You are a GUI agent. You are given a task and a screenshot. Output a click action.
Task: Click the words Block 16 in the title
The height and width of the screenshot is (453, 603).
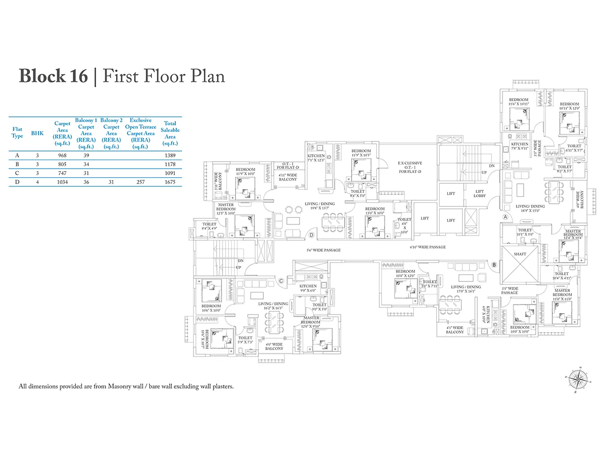(53, 77)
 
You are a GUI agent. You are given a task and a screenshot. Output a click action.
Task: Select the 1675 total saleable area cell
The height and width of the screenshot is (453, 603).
(170, 182)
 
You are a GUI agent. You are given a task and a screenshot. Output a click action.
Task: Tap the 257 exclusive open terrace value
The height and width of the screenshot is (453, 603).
(141, 182)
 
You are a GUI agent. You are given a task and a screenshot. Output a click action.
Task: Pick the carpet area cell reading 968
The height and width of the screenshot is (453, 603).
(62, 156)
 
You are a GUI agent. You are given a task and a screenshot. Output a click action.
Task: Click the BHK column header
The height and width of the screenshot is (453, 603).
(37, 133)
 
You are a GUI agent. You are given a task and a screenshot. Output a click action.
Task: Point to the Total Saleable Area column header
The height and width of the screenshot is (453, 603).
(170, 130)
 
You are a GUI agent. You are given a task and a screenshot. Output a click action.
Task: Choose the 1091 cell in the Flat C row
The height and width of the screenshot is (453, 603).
(170, 174)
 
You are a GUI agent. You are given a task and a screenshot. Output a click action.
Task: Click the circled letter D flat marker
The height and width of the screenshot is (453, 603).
(312, 235)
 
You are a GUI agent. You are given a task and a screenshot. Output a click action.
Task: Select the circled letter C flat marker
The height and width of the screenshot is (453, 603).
(281, 281)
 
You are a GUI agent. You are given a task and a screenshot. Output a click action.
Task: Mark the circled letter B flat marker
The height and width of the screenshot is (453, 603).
(494, 265)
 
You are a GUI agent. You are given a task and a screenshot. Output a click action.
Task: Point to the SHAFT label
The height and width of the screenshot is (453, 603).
(520, 254)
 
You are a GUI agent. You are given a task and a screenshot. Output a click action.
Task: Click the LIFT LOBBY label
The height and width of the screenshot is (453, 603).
(479, 194)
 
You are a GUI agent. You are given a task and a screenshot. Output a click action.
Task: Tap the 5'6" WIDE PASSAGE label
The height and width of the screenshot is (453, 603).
(324, 250)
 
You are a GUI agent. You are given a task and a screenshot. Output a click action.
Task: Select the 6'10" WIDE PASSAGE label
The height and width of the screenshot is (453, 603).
(428, 247)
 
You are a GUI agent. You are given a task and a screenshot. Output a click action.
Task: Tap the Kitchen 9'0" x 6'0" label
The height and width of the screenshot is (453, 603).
(308, 288)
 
